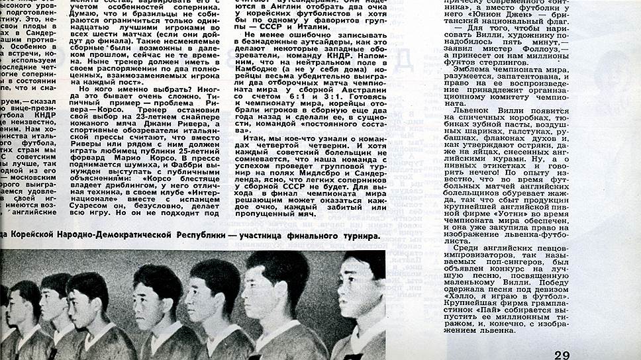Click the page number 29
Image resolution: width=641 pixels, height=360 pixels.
(x=562, y=355)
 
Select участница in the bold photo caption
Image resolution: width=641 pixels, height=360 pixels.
(x=270, y=236)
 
